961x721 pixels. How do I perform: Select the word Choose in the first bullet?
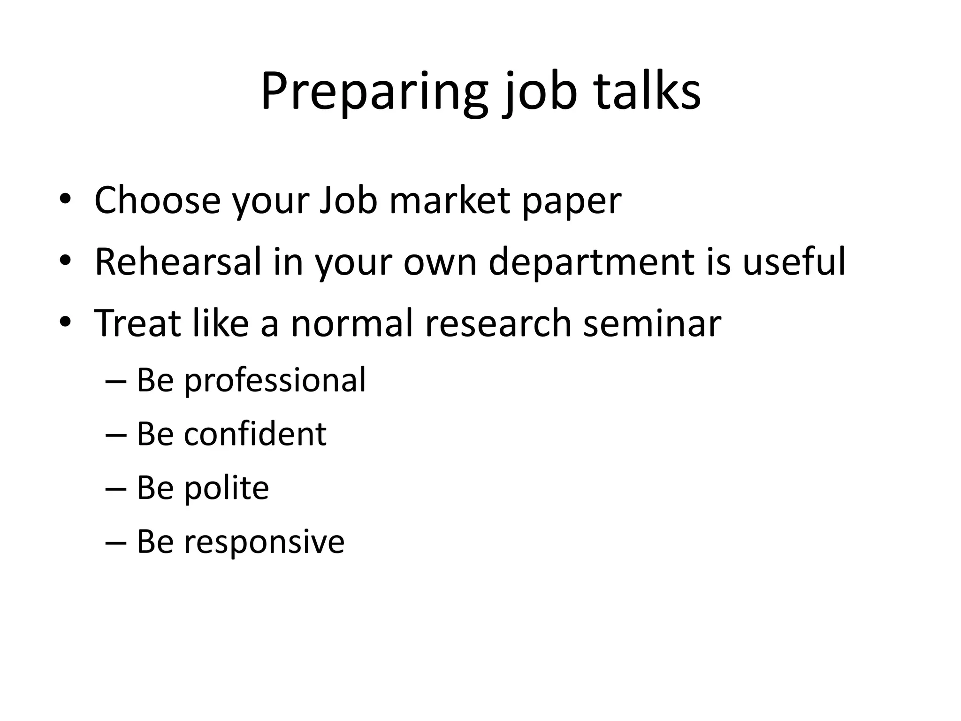pos(157,200)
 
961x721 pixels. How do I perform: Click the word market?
pos(449,200)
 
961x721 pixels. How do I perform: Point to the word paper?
pos(571,203)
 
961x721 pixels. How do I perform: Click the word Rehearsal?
pos(178,261)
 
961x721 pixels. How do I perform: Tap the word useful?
pos(793,261)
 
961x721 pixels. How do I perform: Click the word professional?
pos(275,380)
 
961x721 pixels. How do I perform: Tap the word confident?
pos(255,434)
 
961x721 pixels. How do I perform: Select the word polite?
pos(226,488)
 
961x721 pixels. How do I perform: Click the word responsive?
pos(264,543)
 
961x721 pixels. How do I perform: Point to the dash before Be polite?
pos(116,489)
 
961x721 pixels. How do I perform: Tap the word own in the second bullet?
pos(440,263)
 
